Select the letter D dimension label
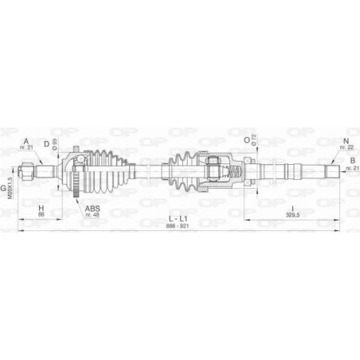(x=47, y=143)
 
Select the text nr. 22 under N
(x=346, y=147)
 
